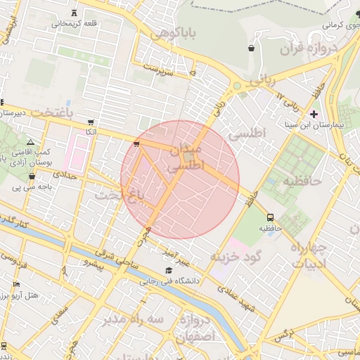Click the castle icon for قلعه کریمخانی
[75, 13]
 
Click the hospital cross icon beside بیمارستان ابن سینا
[314, 114]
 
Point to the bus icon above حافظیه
[270, 217]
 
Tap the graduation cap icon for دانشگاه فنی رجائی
[168, 271]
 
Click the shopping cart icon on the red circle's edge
[136, 144]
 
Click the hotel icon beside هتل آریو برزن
[17, 285]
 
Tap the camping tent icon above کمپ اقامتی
[30, 143]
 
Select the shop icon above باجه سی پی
[32, 176]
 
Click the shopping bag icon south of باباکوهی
[251, 48]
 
